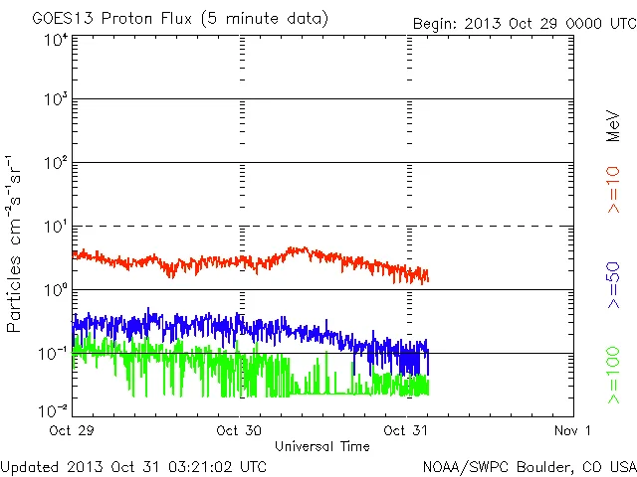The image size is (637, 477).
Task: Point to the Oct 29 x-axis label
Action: [x=73, y=430]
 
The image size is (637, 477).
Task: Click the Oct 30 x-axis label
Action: [x=239, y=430]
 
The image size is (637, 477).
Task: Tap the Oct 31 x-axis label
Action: [x=407, y=430]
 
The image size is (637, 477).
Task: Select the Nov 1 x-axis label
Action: [x=573, y=430]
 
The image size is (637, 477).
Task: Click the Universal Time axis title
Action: [x=322, y=446]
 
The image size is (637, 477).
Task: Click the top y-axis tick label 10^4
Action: [x=56, y=40]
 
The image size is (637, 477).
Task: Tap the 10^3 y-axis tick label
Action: [x=56, y=101]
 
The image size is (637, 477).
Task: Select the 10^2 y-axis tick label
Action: [x=56, y=165]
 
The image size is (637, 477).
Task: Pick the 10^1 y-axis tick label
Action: [x=56, y=228]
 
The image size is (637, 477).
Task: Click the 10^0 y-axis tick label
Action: [x=56, y=291]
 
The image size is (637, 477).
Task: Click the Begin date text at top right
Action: [x=525, y=22]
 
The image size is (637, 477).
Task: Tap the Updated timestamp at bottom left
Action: [x=133, y=465]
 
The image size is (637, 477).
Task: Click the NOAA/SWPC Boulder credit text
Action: [x=529, y=465]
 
